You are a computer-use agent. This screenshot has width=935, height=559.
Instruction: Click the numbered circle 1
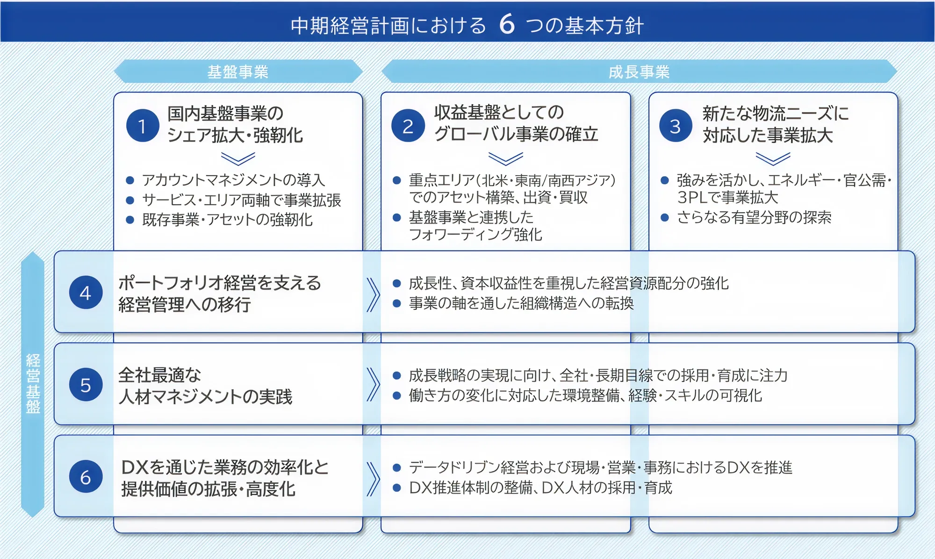pyautogui.click(x=143, y=126)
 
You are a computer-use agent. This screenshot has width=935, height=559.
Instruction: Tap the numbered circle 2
pyautogui.click(x=408, y=126)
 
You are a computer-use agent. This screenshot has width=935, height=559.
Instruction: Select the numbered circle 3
pyautogui.click(x=676, y=126)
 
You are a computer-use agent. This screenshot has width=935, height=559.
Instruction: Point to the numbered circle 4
pyautogui.click(x=86, y=293)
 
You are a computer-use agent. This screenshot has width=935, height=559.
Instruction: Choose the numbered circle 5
pyautogui.click(x=86, y=385)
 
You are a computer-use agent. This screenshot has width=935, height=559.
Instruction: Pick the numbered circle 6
pyautogui.click(x=86, y=477)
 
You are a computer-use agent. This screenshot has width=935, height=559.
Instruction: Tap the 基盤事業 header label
pyautogui.click(x=237, y=72)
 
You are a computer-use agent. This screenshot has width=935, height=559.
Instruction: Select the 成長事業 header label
pyautogui.click(x=639, y=72)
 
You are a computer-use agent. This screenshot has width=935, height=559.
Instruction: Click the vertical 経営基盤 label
pyautogui.click(x=33, y=384)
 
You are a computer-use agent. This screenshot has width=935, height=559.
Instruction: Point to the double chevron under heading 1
pyautogui.click(x=238, y=159)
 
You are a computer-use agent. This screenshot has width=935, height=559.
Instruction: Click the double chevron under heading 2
pyautogui.click(x=505, y=159)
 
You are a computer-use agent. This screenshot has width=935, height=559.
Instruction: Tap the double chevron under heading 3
pyautogui.click(x=773, y=159)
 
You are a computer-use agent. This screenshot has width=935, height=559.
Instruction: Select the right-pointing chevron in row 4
pyautogui.click(x=373, y=294)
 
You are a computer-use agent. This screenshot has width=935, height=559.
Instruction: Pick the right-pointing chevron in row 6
pyautogui.click(x=373, y=479)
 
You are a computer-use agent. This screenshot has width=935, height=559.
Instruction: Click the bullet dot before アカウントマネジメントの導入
pyautogui.click(x=130, y=180)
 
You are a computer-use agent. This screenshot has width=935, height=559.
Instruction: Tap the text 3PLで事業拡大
pyautogui.click(x=727, y=198)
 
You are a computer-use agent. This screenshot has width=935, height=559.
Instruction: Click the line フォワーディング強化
pyautogui.click(x=475, y=235)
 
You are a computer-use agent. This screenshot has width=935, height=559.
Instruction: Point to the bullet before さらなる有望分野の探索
pyautogui.click(x=665, y=217)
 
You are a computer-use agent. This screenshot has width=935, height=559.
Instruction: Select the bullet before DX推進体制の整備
pyautogui.click(x=397, y=488)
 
